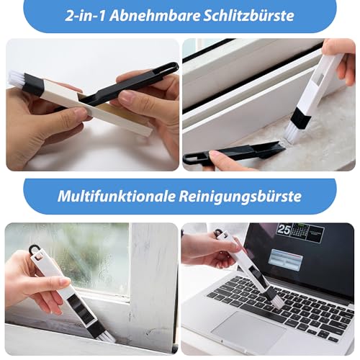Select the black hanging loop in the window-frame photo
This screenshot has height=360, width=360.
(x=34, y=251)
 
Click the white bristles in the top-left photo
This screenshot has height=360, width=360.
(x=17, y=80)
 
